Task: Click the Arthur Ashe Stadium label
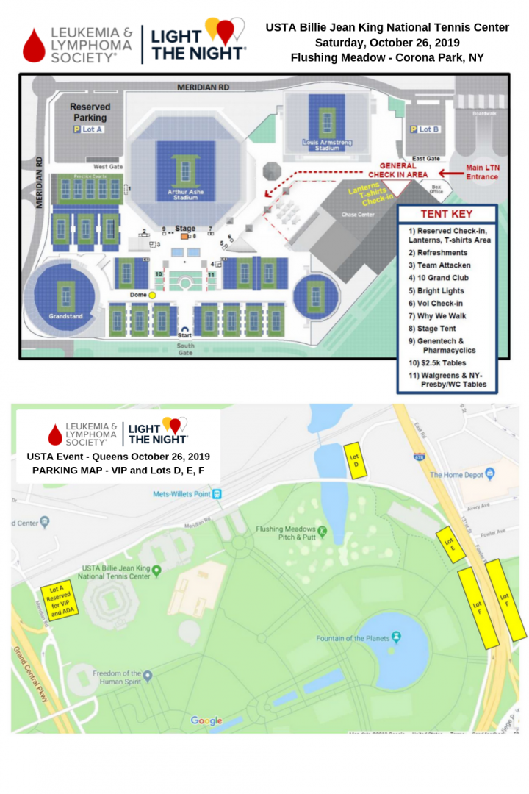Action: click(181, 195)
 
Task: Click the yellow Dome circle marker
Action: click(153, 295)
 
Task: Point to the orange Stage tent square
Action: click(184, 237)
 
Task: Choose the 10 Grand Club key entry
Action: click(439, 278)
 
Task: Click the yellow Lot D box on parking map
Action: click(355, 461)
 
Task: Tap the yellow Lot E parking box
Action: click(450, 544)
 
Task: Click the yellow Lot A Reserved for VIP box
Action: click(59, 601)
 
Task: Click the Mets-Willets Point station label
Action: click(181, 494)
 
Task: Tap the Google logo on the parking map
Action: click(206, 720)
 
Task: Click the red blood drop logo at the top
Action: click(35, 45)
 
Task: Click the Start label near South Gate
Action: click(185, 335)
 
